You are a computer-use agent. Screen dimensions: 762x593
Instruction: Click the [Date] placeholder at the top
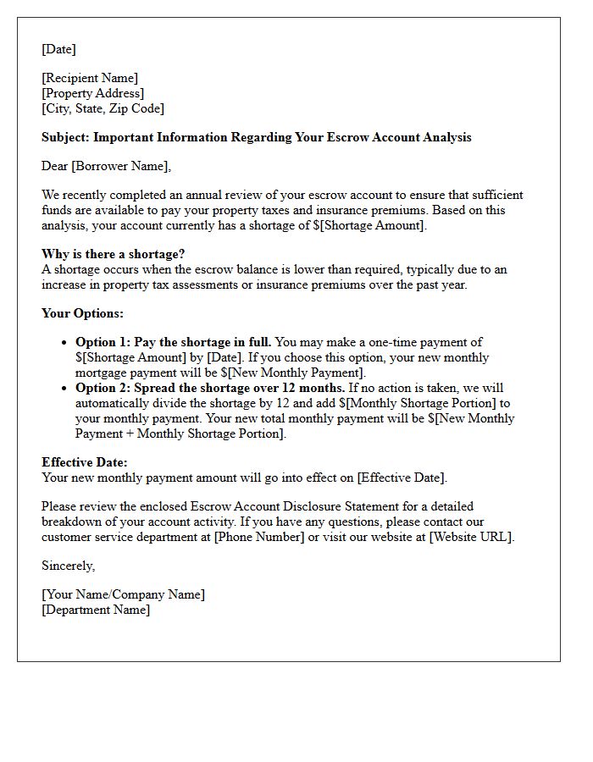pos(58,49)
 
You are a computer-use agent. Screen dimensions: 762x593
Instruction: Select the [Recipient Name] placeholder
pos(90,79)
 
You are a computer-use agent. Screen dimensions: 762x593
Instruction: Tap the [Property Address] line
pos(92,93)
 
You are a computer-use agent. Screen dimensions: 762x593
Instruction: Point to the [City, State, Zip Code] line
pos(103,108)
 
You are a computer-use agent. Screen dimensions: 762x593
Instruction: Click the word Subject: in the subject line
pos(65,137)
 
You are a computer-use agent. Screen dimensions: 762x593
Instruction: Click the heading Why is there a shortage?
pos(113,254)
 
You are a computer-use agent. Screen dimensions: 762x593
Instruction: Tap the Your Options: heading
pos(82,313)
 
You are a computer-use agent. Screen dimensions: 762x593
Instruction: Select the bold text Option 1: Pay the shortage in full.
pos(174,342)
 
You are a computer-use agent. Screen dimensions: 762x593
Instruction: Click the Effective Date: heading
pos(85,462)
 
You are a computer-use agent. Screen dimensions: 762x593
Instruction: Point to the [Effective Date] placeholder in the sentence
pos(401,478)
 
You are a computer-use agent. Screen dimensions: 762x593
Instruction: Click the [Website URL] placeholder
pos(470,537)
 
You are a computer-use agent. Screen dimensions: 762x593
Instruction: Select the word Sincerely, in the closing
pos(69,566)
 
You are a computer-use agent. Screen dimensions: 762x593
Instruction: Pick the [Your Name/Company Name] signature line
pos(123,594)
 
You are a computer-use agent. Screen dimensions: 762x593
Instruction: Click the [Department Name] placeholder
pos(96,610)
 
